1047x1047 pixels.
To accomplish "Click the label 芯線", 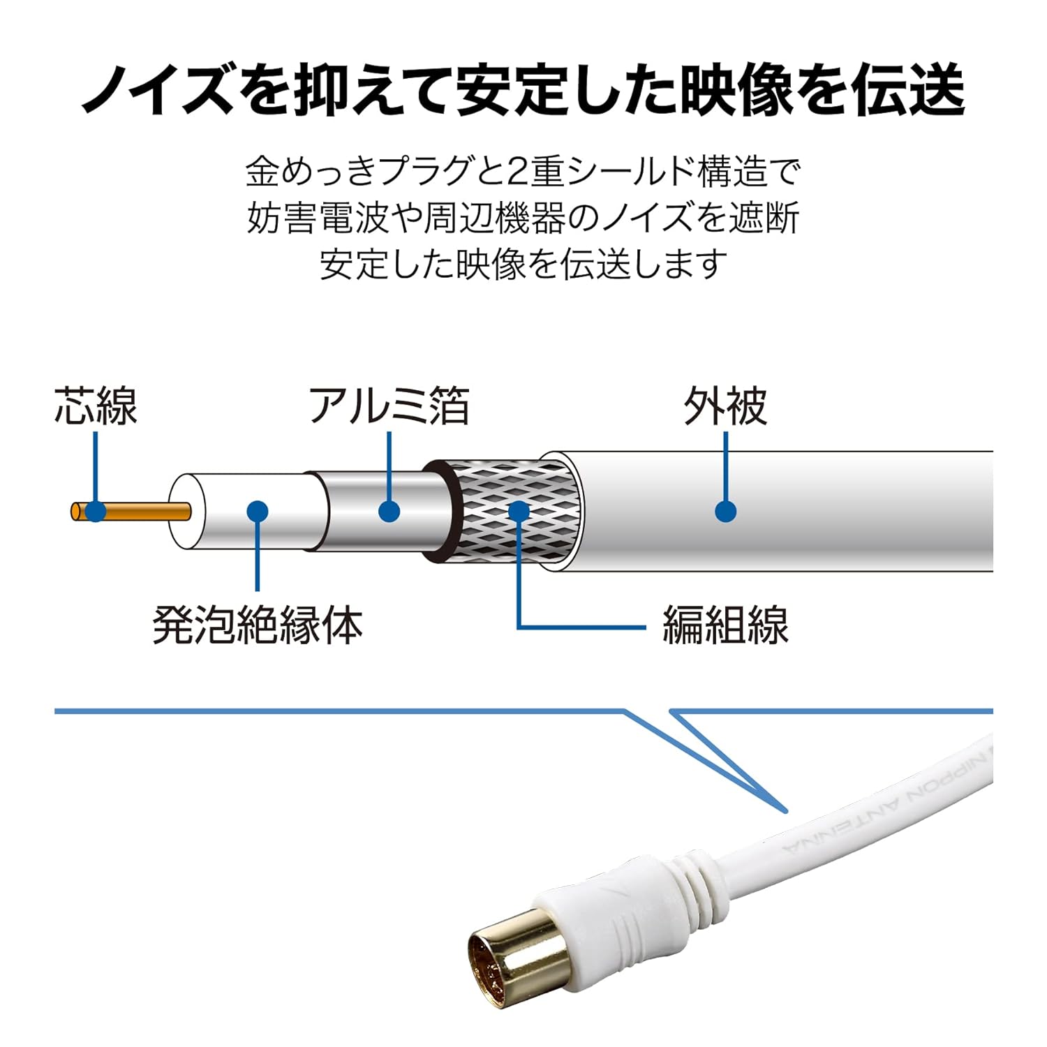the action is (x=96, y=406).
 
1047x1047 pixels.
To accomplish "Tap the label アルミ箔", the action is (x=389, y=406).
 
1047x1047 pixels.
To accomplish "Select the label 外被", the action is (x=725, y=406).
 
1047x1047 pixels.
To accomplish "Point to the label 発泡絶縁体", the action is (x=258, y=625).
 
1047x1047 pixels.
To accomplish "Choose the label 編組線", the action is (x=725, y=625).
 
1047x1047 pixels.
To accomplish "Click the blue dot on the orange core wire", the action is (x=96, y=512).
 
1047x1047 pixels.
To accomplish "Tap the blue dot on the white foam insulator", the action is (x=258, y=512).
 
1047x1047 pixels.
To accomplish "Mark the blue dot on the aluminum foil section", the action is (x=389, y=512).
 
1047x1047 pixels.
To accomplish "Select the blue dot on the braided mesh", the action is (x=519, y=512).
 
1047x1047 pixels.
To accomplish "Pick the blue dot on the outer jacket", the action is (x=726, y=512).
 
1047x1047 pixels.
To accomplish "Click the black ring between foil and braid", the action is (x=447, y=512).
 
